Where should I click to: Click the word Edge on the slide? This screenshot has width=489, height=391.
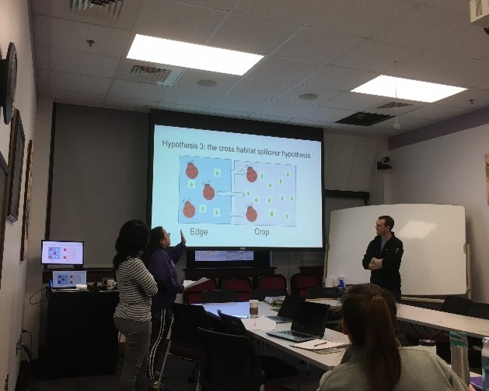[199, 232]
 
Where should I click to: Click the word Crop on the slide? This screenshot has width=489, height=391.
[262, 232]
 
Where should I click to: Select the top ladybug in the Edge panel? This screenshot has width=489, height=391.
[191, 171]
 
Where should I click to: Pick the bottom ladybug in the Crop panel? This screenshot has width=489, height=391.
[251, 213]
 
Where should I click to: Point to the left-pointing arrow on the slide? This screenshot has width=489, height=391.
[230, 194]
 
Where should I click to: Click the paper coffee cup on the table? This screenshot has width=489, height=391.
[254, 308]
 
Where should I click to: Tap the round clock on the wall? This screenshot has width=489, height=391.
[9, 83]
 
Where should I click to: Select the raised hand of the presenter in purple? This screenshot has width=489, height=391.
[183, 238]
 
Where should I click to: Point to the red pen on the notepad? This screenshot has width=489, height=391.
[320, 343]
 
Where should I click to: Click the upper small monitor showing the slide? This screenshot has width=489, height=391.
[63, 252]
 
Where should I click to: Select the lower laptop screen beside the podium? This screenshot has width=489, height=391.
[69, 279]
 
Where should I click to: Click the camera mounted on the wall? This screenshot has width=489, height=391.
[384, 163]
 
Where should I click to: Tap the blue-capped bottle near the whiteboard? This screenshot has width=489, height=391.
[341, 283]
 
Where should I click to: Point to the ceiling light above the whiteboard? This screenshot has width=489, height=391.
[408, 89]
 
